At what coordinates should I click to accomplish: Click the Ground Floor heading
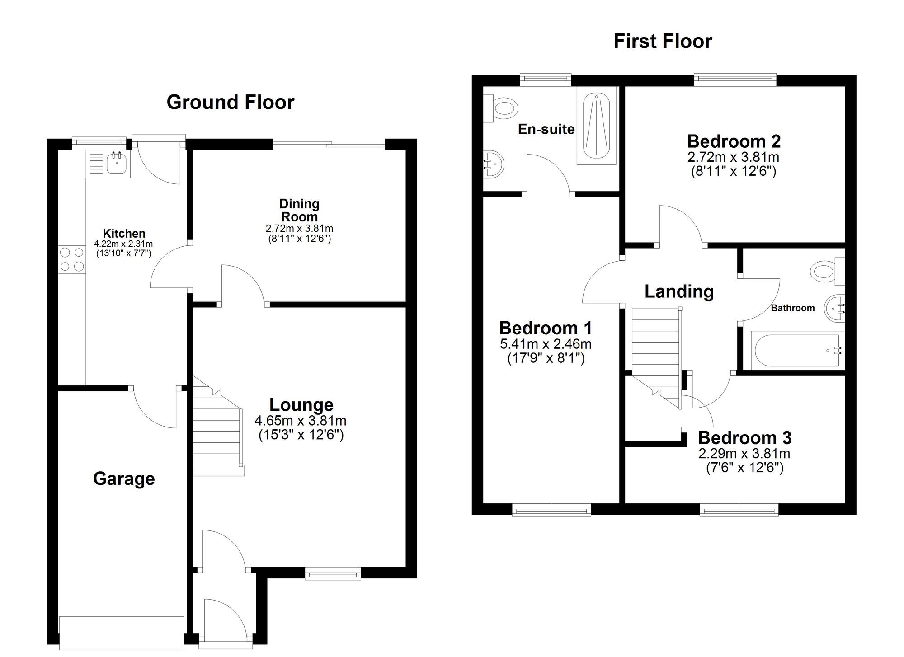tap(231, 102)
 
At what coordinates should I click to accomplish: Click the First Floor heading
tap(663, 41)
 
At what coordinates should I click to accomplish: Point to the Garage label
tap(124, 479)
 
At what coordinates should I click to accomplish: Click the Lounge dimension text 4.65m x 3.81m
tap(301, 421)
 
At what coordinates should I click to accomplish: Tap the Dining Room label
tap(299, 210)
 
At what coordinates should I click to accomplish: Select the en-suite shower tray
tap(597, 126)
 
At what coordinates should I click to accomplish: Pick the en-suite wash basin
tap(493, 164)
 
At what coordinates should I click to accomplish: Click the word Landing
tap(679, 292)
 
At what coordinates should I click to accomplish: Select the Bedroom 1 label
tap(546, 328)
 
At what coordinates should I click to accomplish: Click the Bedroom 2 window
tap(735, 80)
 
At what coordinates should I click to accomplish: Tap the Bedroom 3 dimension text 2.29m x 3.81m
tap(744, 453)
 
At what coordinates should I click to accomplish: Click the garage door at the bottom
tap(122, 633)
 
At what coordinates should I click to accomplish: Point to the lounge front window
tap(333, 574)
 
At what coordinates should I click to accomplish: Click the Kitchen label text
tap(124, 234)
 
